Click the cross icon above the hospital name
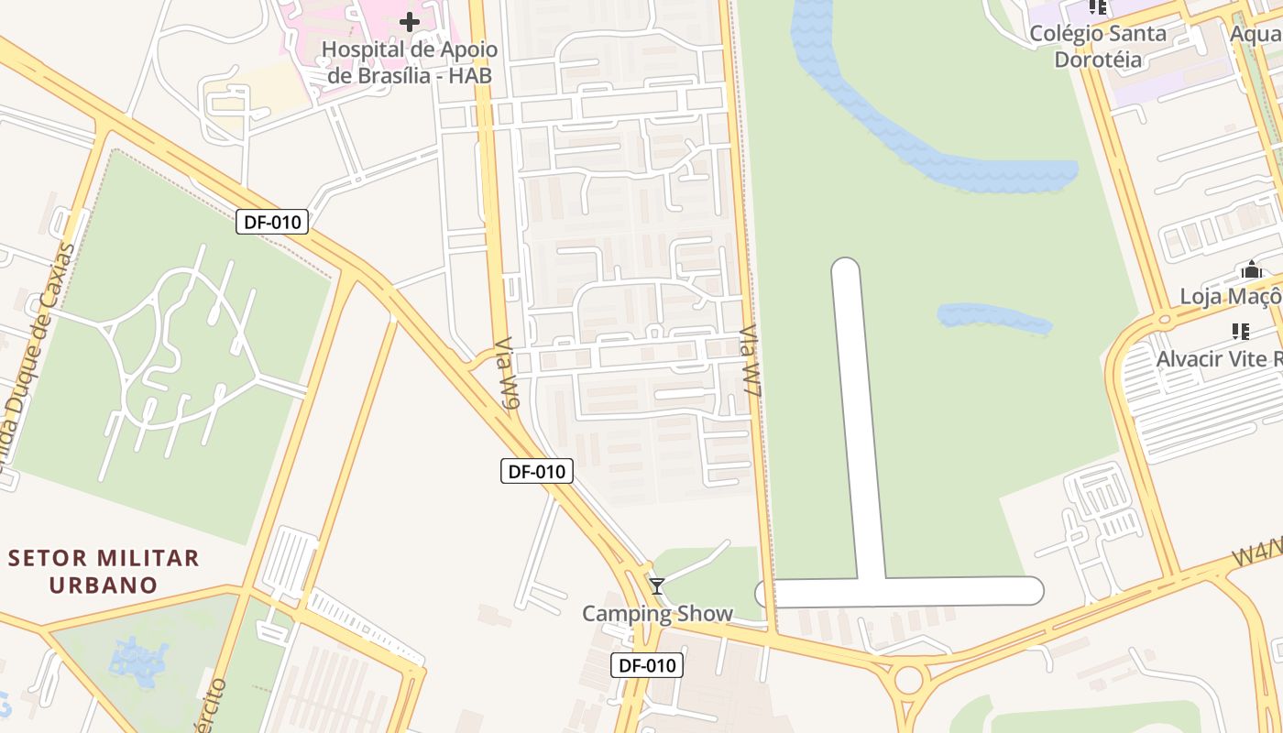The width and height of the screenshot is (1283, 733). tap(410, 21)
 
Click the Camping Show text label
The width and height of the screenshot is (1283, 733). tap(657, 614)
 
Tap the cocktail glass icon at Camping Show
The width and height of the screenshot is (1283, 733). tap(656, 586)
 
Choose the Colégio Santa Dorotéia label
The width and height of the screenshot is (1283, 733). tap(1098, 47)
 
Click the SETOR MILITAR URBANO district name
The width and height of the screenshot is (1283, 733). tap(104, 571)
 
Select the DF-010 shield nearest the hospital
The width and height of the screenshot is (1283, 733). tap(272, 221)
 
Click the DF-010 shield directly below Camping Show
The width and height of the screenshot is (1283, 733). tap(648, 665)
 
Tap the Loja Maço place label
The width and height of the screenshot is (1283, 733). tap(1229, 297)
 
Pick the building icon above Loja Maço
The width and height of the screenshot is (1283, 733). tap(1251, 270)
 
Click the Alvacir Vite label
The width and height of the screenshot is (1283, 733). tap(1219, 358)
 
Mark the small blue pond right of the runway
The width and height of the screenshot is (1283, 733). tap(993, 317)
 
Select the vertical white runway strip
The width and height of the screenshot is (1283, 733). tap(856, 412)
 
